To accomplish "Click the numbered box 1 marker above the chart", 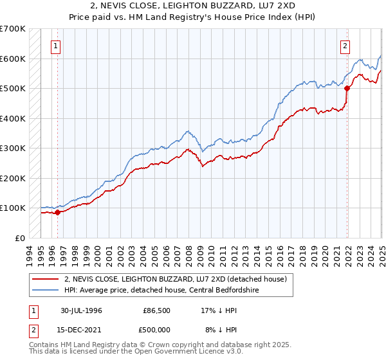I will (x=57, y=46).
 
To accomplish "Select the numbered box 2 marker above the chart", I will (x=345, y=46).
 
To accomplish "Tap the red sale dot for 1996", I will (x=57, y=212).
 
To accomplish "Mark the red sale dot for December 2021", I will (x=347, y=89).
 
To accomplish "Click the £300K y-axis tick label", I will (x=13, y=148).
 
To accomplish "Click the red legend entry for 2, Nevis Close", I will (x=179, y=278).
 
